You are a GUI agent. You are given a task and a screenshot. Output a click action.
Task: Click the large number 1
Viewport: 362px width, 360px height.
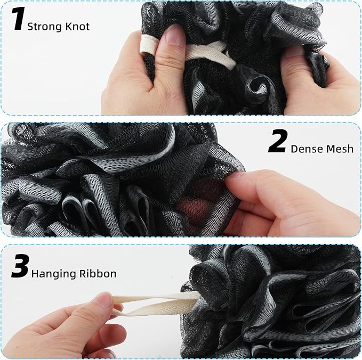pyautogui.click(x=18, y=19)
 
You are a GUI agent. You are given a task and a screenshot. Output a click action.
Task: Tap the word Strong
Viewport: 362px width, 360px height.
pyautogui.click(x=45, y=27)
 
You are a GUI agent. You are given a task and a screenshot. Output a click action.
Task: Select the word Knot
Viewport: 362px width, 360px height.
pyautogui.click(x=77, y=27)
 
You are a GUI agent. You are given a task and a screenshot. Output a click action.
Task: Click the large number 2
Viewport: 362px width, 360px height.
pyautogui.click(x=278, y=141)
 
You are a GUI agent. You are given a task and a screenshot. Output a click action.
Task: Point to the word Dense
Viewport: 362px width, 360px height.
pyautogui.click(x=304, y=149)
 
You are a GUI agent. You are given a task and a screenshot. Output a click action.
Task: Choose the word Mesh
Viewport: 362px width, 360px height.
pyautogui.click(x=337, y=149)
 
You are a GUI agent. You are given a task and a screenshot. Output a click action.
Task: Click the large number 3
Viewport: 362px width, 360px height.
pyautogui.click(x=20, y=266)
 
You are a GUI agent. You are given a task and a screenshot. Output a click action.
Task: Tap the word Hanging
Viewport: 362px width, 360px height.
pyautogui.click(x=54, y=274)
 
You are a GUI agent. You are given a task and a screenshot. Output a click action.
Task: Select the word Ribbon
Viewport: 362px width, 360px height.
pyautogui.click(x=98, y=274)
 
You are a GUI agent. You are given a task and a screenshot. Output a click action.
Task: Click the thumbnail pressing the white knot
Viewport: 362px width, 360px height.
pyautogui.click(x=175, y=35)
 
